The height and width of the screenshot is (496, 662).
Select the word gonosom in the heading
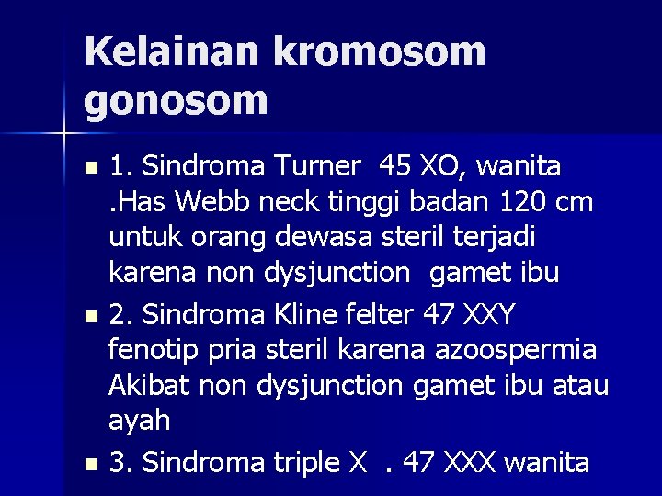coord(176,99)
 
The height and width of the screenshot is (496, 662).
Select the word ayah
coord(140,422)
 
